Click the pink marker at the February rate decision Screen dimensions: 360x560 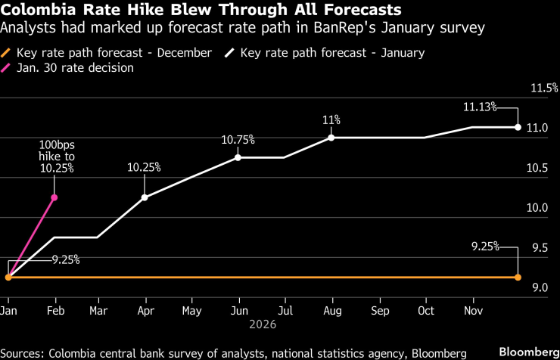(54, 197)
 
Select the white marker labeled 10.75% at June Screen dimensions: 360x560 (238, 157)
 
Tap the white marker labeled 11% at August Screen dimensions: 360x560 (331, 138)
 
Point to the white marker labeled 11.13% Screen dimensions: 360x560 (518, 127)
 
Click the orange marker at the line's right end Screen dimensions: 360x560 (518, 278)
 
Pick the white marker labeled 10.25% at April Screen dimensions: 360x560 (145, 197)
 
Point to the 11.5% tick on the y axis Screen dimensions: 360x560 (544, 88)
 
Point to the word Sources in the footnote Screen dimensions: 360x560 (24, 352)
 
